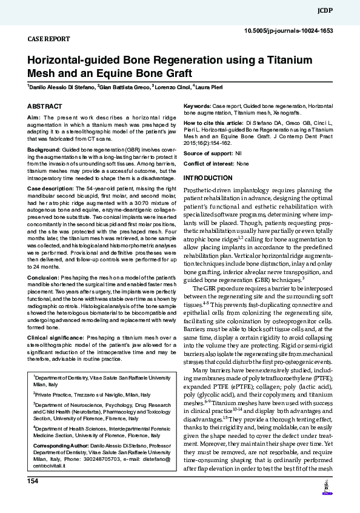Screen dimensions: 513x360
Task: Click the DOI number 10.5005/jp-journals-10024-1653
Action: click(288, 30)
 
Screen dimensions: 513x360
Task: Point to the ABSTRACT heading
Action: click(44, 106)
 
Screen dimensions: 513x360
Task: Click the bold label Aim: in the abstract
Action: click(34, 117)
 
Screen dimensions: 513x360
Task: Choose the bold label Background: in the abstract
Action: click(44, 149)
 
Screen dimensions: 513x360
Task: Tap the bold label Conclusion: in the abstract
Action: click(44, 277)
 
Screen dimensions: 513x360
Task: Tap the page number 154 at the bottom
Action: click(33, 480)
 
